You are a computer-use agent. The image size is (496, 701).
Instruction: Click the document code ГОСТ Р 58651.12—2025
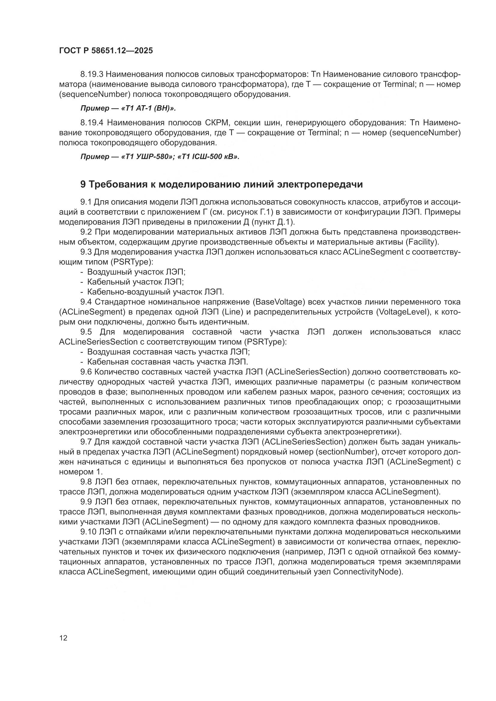click(x=106, y=51)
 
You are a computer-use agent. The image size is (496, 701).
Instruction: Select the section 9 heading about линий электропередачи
click(x=221, y=184)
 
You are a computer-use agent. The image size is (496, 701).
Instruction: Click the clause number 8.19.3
click(x=92, y=74)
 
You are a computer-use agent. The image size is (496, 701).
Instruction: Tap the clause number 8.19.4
click(x=92, y=123)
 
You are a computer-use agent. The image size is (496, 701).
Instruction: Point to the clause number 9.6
click(x=86, y=372)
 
